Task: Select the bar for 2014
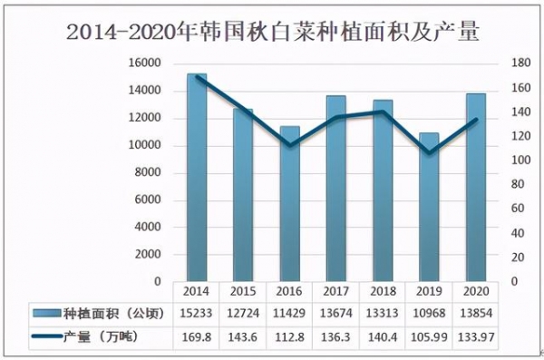pos(197,178)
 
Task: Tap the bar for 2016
pos(290,204)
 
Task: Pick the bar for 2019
pos(429,208)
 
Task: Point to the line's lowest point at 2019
pos(429,152)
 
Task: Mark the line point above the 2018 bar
pos(382,112)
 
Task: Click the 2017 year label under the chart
pos(335,291)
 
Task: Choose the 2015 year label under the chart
pos(242,291)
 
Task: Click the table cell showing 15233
pos(196,315)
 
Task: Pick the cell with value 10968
pos(428,315)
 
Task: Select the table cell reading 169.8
pos(196,337)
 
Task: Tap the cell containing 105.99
pos(428,337)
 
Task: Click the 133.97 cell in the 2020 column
pos(475,337)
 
